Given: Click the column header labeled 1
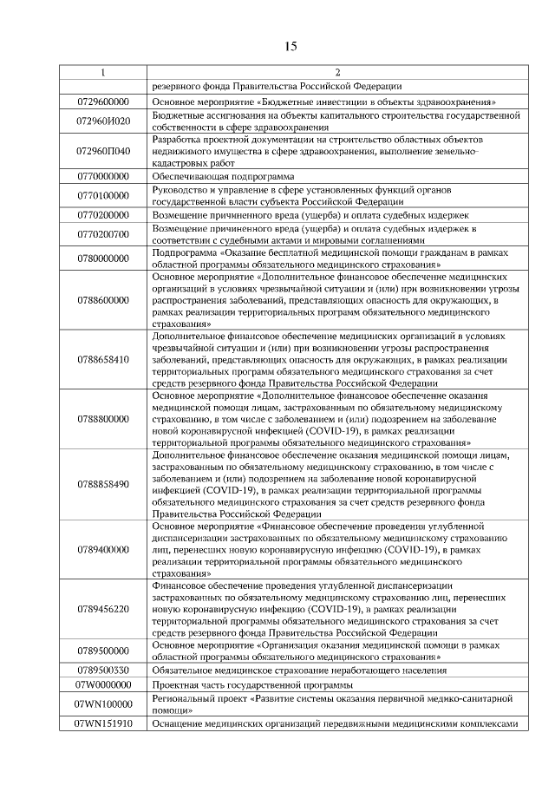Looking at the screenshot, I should coord(103,72).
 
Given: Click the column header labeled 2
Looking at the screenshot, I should coord(336,72).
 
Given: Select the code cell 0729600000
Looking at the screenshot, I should coord(103,101).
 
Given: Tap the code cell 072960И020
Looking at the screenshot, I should coord(103,121).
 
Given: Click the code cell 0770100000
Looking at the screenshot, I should coord(103,195).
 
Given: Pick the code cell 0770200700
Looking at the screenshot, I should coord(103,233).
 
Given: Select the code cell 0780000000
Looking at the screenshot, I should coord(103,258).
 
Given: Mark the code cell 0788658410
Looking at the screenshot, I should coord(103,358).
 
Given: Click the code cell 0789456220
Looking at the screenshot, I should coord(103,609).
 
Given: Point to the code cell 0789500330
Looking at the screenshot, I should coord(103,670).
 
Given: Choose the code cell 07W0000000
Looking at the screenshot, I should coord(103,684).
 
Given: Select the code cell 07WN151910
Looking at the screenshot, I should coord(103,723).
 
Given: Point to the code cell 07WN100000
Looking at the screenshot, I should coord(103,704).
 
